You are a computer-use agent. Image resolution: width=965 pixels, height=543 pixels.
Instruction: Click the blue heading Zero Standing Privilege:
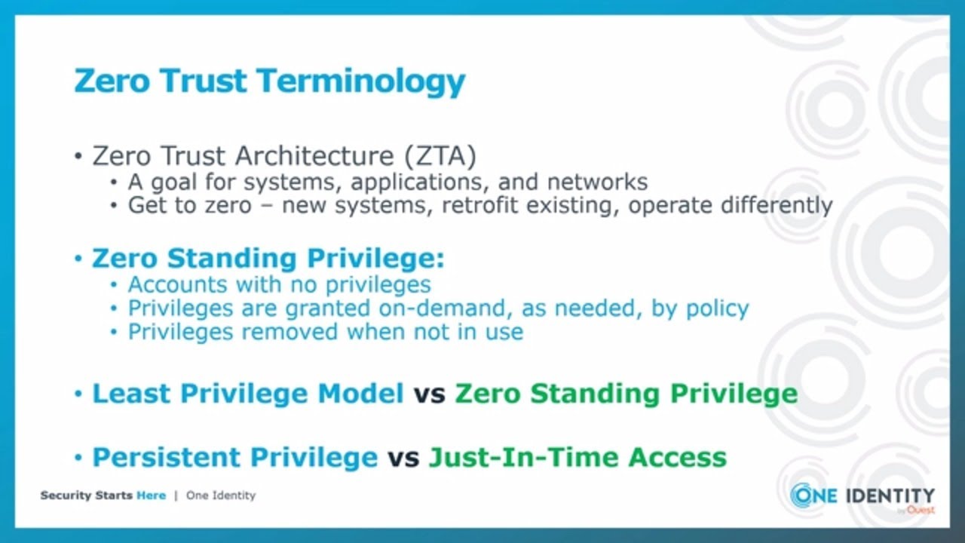pyautogui.click(x=268, y=259)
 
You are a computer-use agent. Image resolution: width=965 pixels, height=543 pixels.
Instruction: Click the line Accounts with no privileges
pyautogui.click(x=279, y=284)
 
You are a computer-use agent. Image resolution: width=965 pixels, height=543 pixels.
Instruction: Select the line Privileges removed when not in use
pyautogui.click(x=325, y=332)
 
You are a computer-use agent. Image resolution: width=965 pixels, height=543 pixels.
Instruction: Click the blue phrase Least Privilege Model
pyautogui.click(x=248, y=394)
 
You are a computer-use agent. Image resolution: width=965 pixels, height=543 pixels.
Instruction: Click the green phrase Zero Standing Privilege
pyautogui.click(x=626, y=394)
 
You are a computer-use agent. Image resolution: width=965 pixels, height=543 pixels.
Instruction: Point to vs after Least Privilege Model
pyautogui.click(x=429, y=394)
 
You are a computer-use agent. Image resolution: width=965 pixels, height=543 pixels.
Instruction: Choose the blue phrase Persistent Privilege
pyautogui.click(x=234, y=457)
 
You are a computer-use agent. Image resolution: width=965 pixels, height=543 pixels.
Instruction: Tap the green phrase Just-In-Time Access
pyautogui.click(x=577, y=457)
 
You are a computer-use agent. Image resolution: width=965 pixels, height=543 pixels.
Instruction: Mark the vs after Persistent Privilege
pyautogui.click(x=403, y=458)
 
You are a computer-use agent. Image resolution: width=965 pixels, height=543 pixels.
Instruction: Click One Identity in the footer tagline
pyautogui.click(x=221, y=495)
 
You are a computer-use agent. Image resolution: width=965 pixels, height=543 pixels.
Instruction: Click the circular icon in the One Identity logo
pyautogui.click(x=804, y=495)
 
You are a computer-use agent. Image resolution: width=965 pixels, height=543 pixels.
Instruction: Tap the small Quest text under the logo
pyautogui.click(x=921, y=510)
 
